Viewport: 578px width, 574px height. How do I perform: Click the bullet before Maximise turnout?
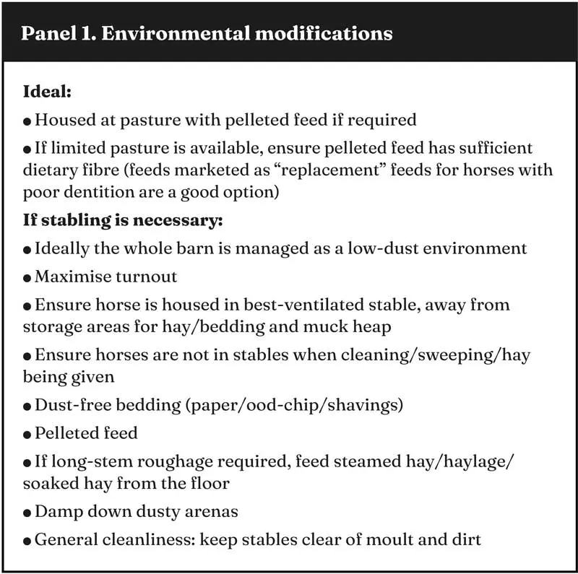pyautogui.click(x=27, y=277)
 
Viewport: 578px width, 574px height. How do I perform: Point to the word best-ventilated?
pyautogui.click(x=312, y=305)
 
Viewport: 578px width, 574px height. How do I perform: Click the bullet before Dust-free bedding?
pyautogui.click(x=27, y=406)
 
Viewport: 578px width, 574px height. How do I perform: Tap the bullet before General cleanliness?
pyautogui.click(x=27, y=539)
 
